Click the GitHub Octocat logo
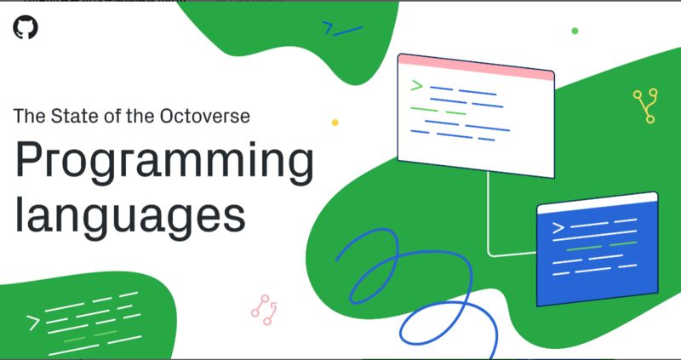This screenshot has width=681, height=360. pyautogui.click(x=26, y=28)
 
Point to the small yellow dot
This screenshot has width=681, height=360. pyautogui.click(x=335, y=123)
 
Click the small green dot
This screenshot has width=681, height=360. pyautogui.click(x=575, y=31)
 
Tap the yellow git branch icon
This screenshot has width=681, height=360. pyautogui.click(x=644, y=106)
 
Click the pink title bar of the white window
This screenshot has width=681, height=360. pyautogui.click(x=476, y=67)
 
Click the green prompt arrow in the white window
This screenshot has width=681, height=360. pyautogui.click(x=416, y=85)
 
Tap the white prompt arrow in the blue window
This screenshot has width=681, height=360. pyautogui.click(x=558, y=227)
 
